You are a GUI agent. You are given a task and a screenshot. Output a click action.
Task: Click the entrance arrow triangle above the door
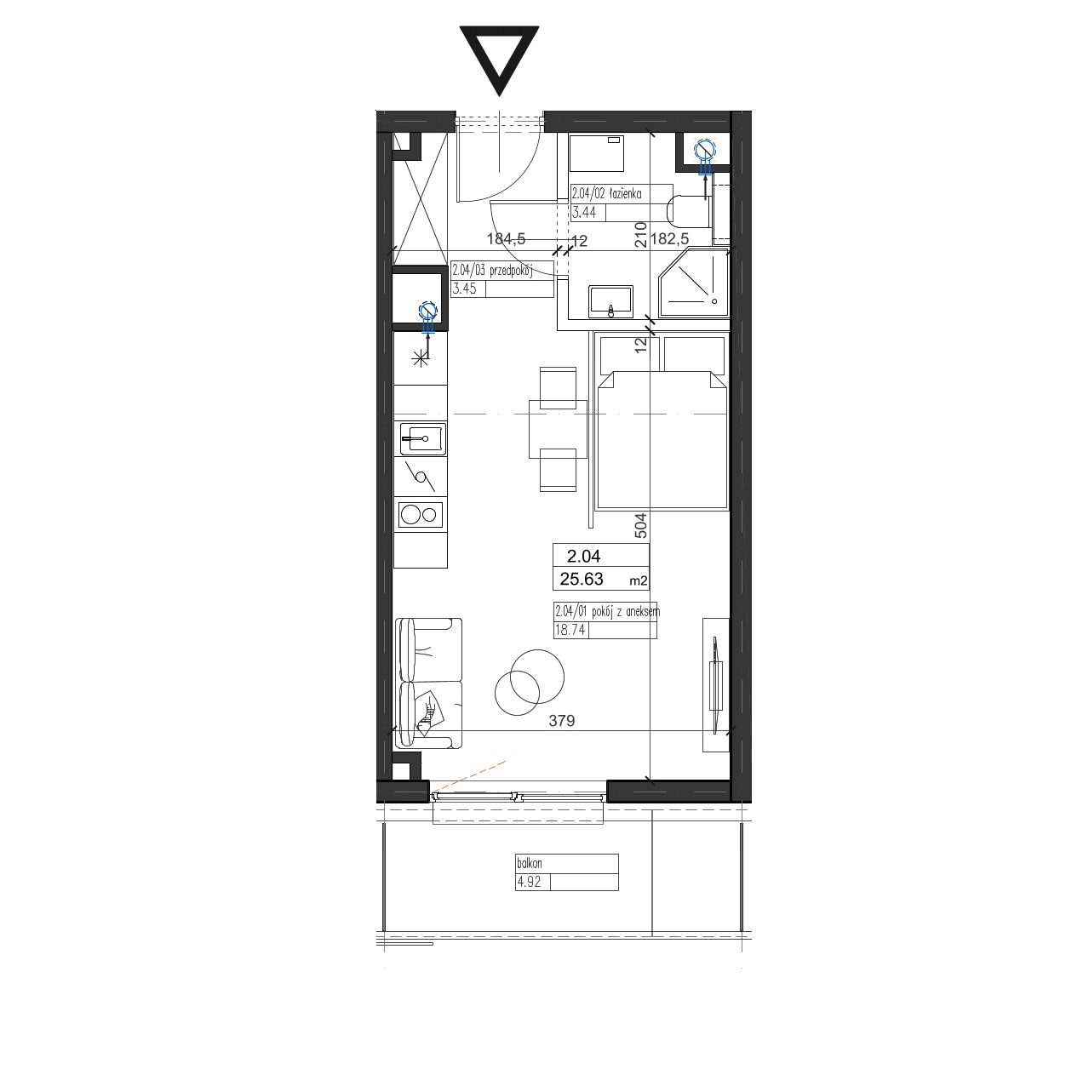pos(499,55)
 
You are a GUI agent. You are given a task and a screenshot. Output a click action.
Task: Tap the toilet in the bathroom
pos(689,211)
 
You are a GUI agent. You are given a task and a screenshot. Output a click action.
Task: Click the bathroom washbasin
pos(610,302)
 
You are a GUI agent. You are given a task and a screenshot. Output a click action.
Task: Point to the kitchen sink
pos(423,439)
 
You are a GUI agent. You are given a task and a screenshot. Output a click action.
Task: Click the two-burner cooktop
pos(421,515)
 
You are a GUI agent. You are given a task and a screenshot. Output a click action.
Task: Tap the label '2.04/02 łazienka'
pos(606,193)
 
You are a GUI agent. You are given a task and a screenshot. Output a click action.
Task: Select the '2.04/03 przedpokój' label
pos(492,271)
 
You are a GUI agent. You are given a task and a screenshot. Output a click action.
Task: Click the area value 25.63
pos(582,579)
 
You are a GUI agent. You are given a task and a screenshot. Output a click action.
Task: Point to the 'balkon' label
pos(529,863)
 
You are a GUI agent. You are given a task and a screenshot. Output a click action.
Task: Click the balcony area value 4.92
pos(529,882)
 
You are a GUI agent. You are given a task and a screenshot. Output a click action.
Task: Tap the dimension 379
pos(562,721)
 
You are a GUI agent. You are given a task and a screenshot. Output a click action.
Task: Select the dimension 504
pos(641,525)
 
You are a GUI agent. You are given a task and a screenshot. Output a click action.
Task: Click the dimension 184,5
pos(506,239)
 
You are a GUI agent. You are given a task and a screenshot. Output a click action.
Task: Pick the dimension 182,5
pos(669,239)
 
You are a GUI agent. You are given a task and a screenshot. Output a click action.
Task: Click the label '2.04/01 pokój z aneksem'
pos(607,612)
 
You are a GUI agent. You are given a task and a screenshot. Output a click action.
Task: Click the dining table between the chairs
pos(558,429)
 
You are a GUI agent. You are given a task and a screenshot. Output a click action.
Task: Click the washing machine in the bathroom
pos(598,152)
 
